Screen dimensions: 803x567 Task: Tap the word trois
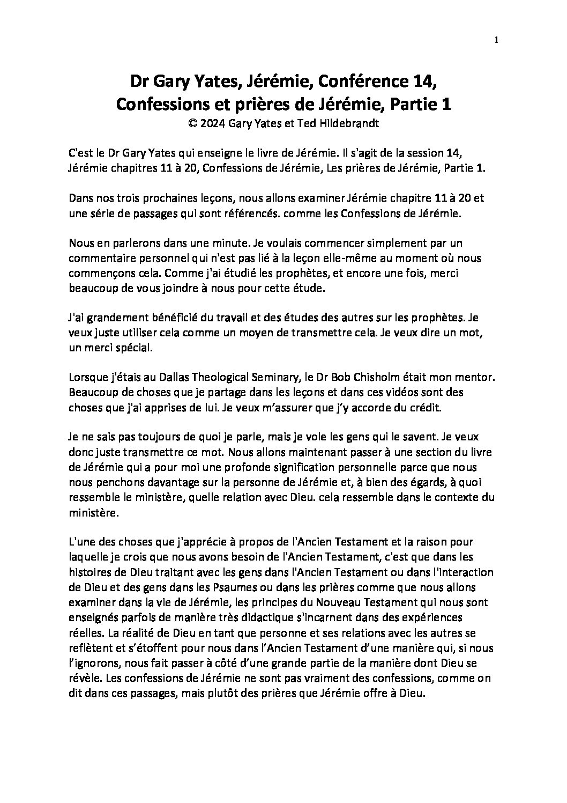pos(125,198)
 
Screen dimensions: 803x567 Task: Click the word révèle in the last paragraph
pos(84,677)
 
